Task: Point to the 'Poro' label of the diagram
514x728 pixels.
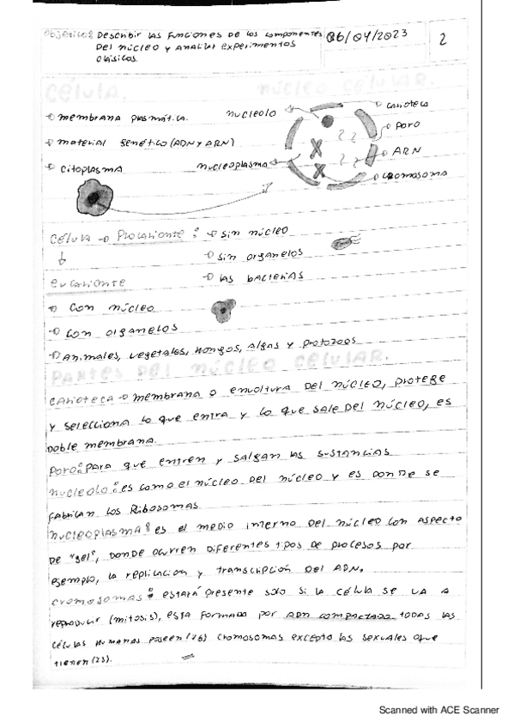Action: click(401, 125)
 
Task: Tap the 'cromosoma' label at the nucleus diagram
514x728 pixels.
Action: click(415, 173)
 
